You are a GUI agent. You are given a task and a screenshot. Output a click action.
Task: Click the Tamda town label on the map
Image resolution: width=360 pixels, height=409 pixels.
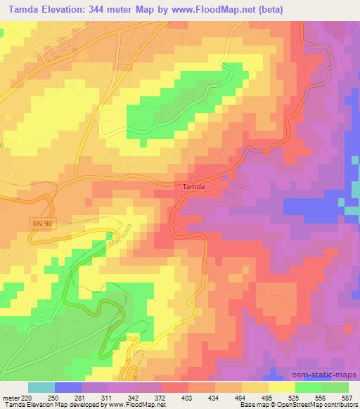[194, 188]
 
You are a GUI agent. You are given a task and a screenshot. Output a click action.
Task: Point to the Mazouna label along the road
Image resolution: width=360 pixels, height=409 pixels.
[103, 243]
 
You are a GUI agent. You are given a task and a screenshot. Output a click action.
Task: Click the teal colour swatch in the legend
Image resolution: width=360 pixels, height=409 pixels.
[41, 387]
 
